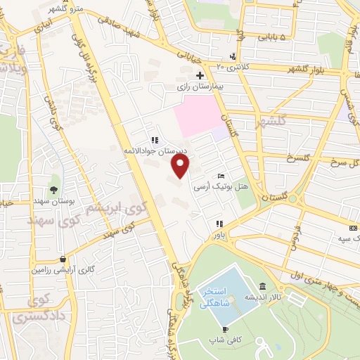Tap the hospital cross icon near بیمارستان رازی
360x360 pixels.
[x=200, y=75]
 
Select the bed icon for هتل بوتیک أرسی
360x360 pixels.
[x=221, y=176]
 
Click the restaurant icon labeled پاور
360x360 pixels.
[x=219, y=224]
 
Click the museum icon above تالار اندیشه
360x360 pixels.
[x=262, y=287]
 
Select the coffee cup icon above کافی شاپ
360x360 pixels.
[x=225, y=328]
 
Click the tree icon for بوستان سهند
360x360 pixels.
[x=54, y=190]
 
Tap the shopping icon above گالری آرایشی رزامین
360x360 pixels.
[x=63, y=258]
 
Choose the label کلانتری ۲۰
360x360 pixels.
[x=232, y=67]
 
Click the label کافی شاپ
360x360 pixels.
[x=222, y=340]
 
